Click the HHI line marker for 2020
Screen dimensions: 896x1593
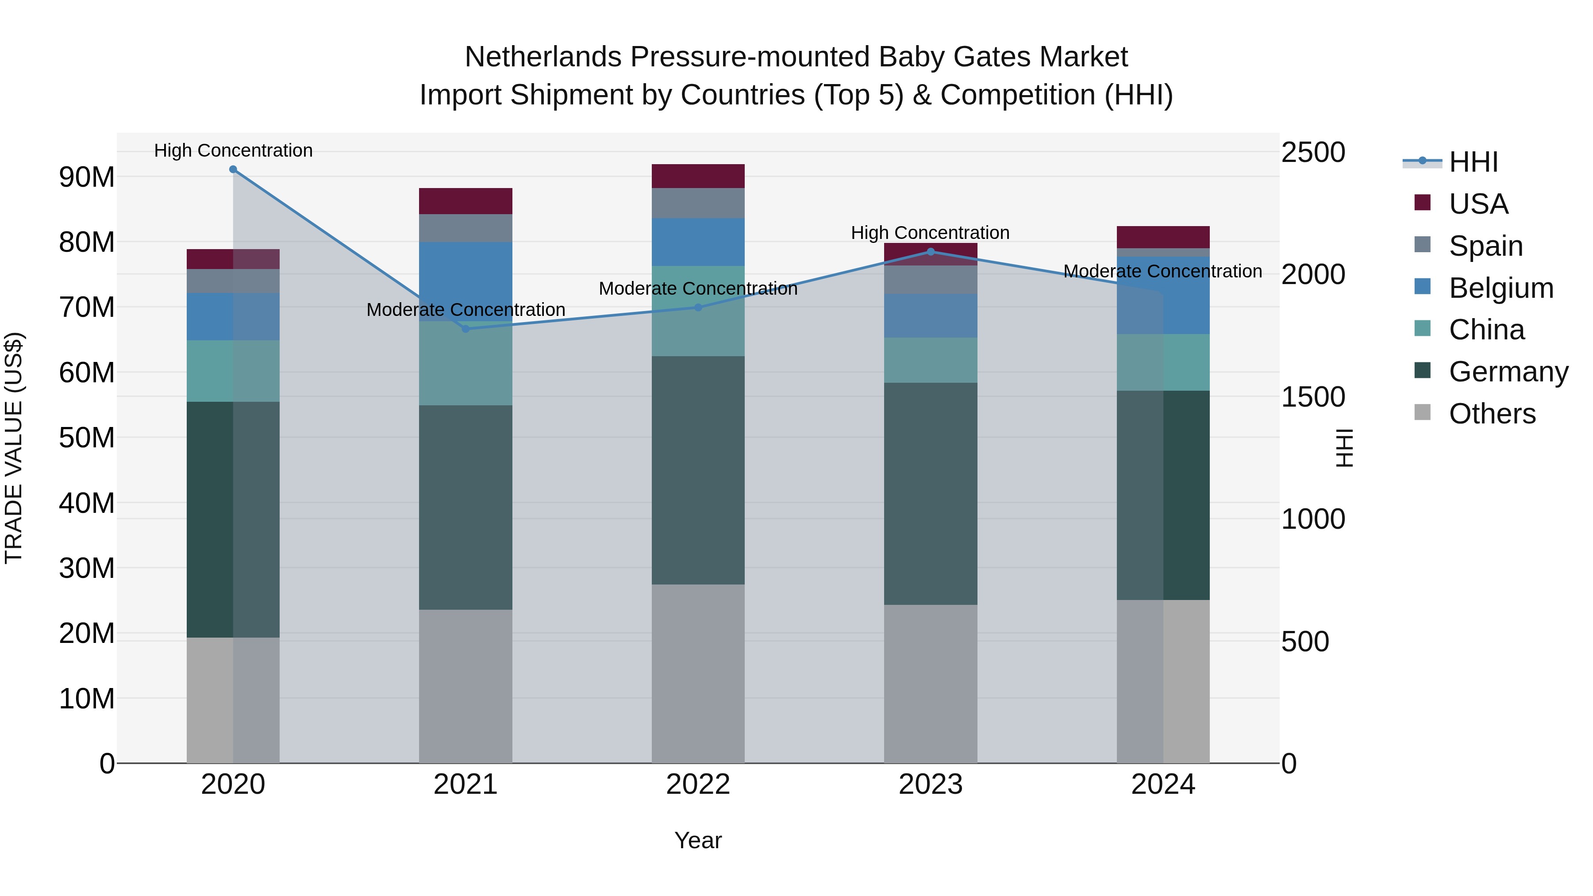(x=233, y=169)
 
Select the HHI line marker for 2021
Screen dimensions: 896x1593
(x=466, y=329)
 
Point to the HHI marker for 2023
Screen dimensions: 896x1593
(x=931, y=252)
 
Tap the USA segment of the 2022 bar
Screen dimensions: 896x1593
(x=698, y=176)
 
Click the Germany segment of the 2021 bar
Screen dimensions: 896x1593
(x=466, y=507)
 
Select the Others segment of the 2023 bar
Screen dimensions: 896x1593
(x=931, y=683)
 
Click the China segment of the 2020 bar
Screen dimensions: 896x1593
(x=233, y=371)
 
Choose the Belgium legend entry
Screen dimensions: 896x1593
(x=1501, y=288)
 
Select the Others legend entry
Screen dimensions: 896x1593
(x=1492, y=414)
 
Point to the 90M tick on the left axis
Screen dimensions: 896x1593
(x=87, y=177)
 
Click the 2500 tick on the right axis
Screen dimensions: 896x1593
(x=1313, y=152)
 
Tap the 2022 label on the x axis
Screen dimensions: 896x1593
(x=698, y=784)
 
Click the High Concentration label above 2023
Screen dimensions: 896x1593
(x=930, y=233)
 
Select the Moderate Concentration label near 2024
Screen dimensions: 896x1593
(x=1162, y=272)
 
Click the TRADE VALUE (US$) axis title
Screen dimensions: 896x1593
(x=14, y=448)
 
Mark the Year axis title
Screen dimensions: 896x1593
(x=698, y=840)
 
